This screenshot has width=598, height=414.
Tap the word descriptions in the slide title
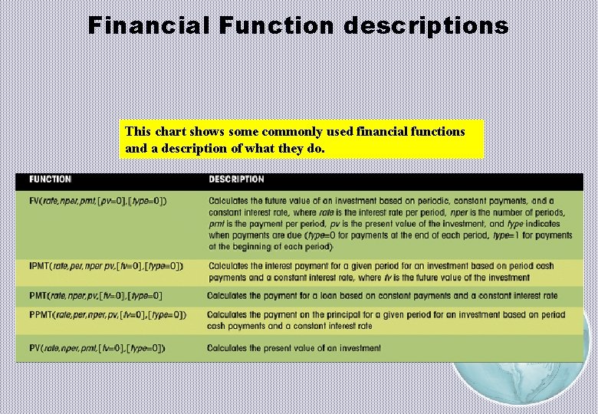pos(426,25)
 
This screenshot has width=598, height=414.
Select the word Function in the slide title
pos(277,25)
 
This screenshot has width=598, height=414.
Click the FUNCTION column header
pos(51,179)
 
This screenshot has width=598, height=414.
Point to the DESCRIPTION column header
pos(236,179)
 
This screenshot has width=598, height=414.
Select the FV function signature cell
pos(97,201)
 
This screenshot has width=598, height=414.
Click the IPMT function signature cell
pos(106,266)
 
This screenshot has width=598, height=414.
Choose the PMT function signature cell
pos(96,295)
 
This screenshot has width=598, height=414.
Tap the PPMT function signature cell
pos(107,314)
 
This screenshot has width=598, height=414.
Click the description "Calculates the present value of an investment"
pos(294,348)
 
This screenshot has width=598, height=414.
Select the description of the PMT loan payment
pos(382,295)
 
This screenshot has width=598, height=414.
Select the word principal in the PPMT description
pos(342,314)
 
